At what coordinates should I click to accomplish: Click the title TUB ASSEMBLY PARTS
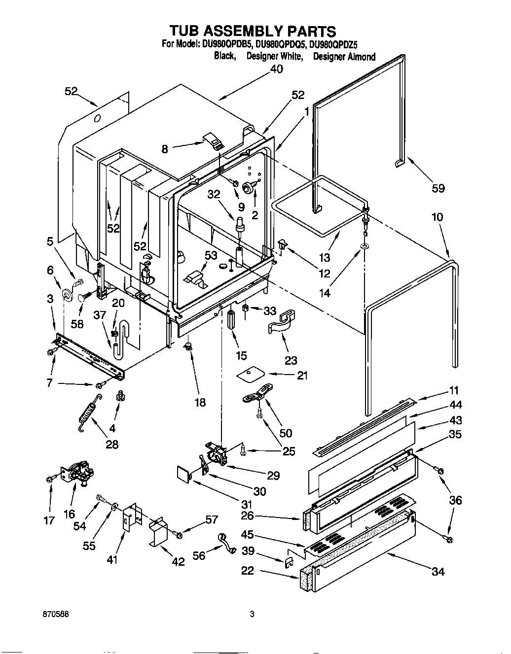click(x=253, y=32)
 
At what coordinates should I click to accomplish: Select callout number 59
click(x=438, y=188)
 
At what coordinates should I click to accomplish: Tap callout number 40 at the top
click(x=277, y=69)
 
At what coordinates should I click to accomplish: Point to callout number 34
click(x=438, y=571)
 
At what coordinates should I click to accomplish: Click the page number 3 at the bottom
click(x=252, y=615)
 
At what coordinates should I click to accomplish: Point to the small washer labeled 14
click(x=364, y=246)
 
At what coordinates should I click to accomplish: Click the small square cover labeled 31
click(x=184, y=475)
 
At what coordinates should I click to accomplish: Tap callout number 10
click(x=437, y=217)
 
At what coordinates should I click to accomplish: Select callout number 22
click(x=247, y=570)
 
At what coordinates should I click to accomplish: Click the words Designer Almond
click(x=344, y=57)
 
